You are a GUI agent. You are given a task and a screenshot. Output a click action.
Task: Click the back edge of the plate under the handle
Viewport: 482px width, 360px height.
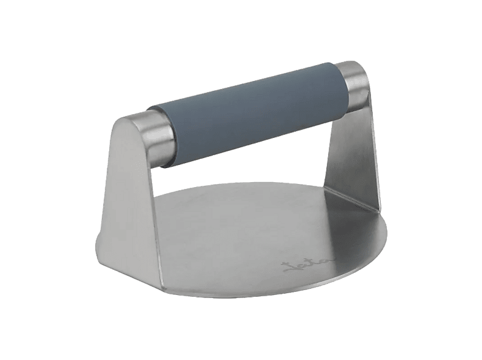258,184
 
